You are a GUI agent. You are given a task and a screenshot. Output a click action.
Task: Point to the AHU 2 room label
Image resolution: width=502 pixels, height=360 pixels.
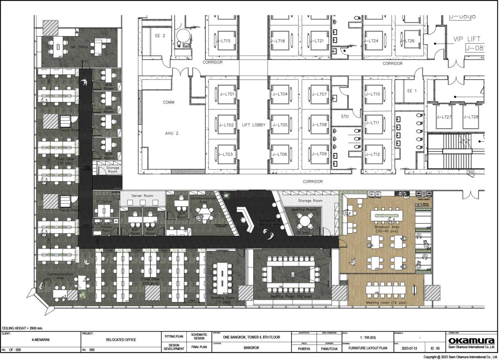tap(172, 133)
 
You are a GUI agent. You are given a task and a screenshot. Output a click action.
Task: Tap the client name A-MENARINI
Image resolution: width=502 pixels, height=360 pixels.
tap(41, 340)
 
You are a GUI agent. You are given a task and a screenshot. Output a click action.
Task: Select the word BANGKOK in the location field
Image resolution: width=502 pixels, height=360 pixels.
tap(251, 348)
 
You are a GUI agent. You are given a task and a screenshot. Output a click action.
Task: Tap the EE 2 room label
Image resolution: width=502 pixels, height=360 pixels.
tap(161, 36)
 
